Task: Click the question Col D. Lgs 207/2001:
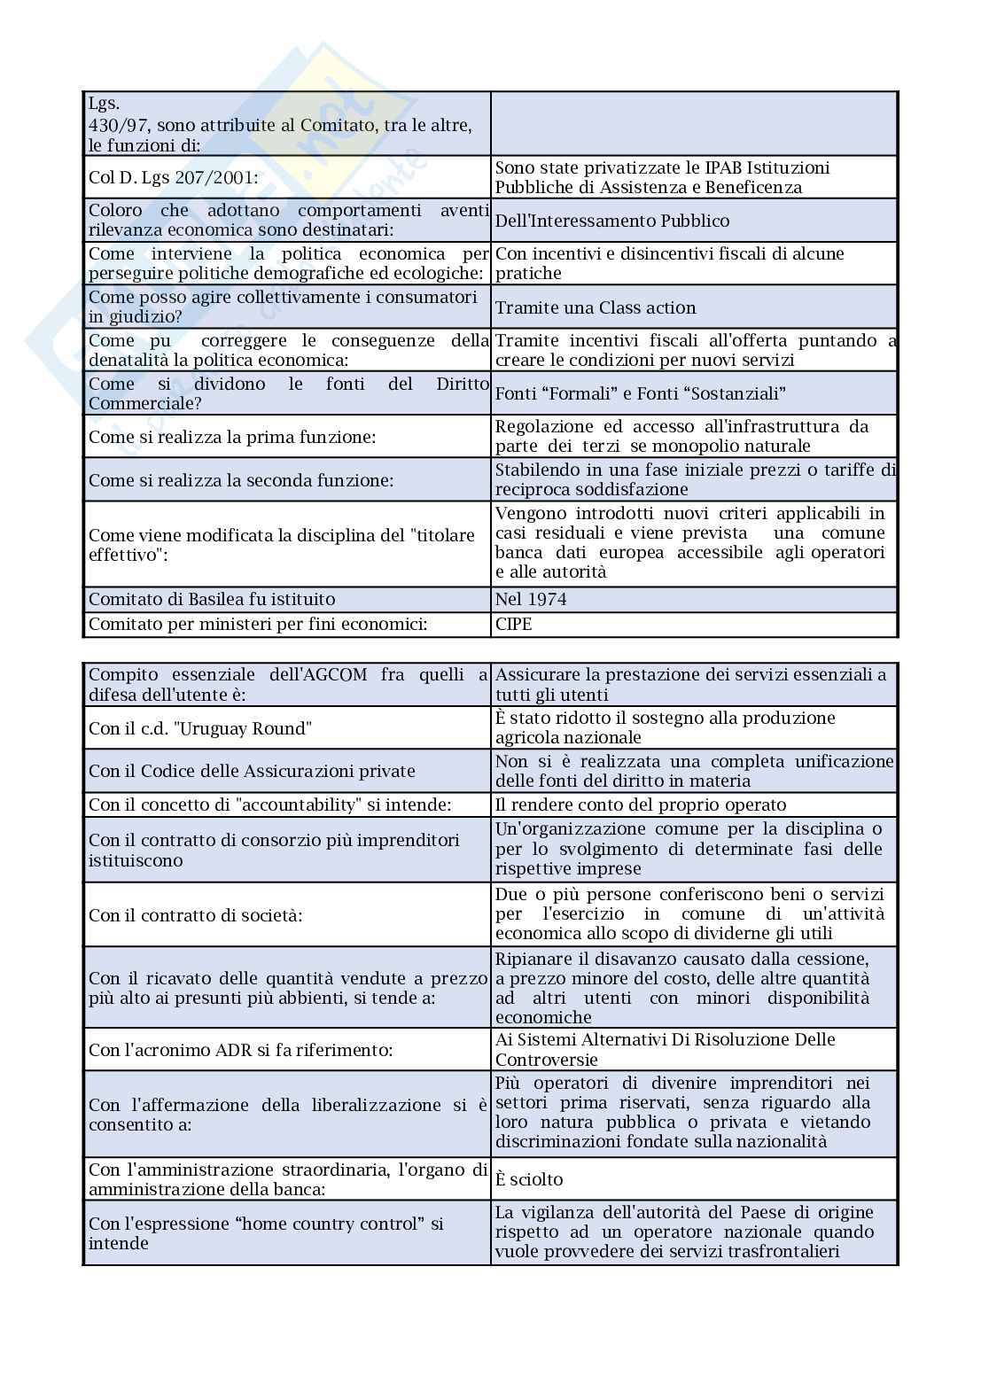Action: tap(174, 178)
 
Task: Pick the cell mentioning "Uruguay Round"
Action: tap(200, 729)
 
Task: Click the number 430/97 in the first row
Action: tap(113, 126)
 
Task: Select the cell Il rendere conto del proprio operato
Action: tap(641, 805)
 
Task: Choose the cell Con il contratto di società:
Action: tap(195, 915)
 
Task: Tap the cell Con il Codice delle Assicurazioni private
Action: tap(252, 772)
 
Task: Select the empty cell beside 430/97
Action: tap(694, 124)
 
